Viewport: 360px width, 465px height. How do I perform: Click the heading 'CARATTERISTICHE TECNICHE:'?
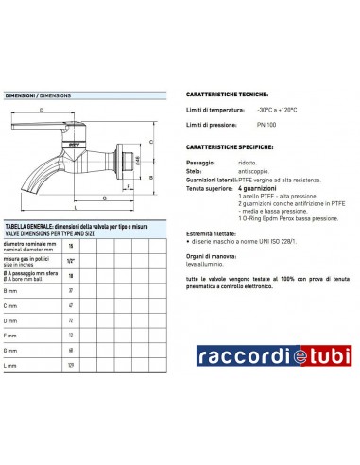227,95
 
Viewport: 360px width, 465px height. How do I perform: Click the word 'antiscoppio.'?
268,172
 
